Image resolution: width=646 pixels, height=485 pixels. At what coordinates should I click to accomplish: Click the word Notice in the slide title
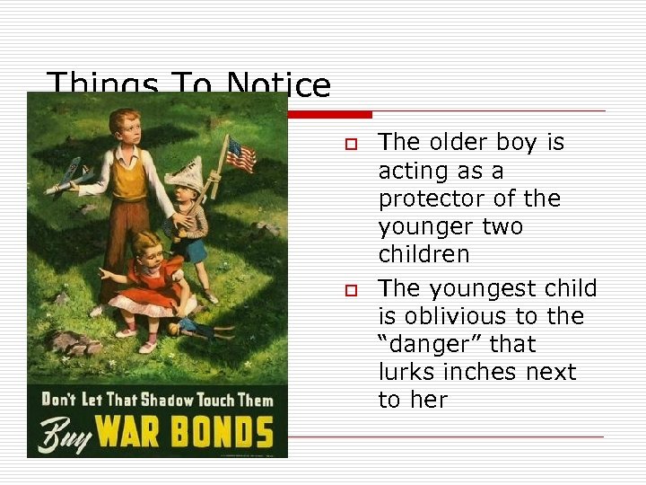pyautogui.click(x=278, y=86)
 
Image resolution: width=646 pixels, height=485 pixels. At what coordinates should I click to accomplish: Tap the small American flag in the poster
pyautogui.click(x=239, y=154)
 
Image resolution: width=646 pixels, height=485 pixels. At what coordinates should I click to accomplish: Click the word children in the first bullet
pyautogui.click(x=423, y=254)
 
